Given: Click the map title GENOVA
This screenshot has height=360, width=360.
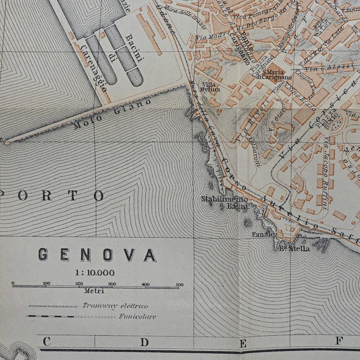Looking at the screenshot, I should pyautogui.click(x=97, y=255).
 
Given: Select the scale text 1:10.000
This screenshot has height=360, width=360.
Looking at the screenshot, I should pyautogui.click(x=96, y=272).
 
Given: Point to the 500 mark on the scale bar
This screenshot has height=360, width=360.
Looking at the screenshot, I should pyautogui.click(x=179, y=284).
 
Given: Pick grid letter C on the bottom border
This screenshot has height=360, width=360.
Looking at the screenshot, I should pyautogui.click(x=46, y=341).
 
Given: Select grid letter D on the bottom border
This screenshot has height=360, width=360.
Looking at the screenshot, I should pyautogui.click(x=145, y=341).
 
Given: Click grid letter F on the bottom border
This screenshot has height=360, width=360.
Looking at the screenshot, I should pyautogui.click(x=340, y=341).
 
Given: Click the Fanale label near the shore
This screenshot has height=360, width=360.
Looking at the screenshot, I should pyautogui.click(x=263, y=234).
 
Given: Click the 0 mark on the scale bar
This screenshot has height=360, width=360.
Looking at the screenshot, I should pyautogui.click(x=13, y=284).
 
